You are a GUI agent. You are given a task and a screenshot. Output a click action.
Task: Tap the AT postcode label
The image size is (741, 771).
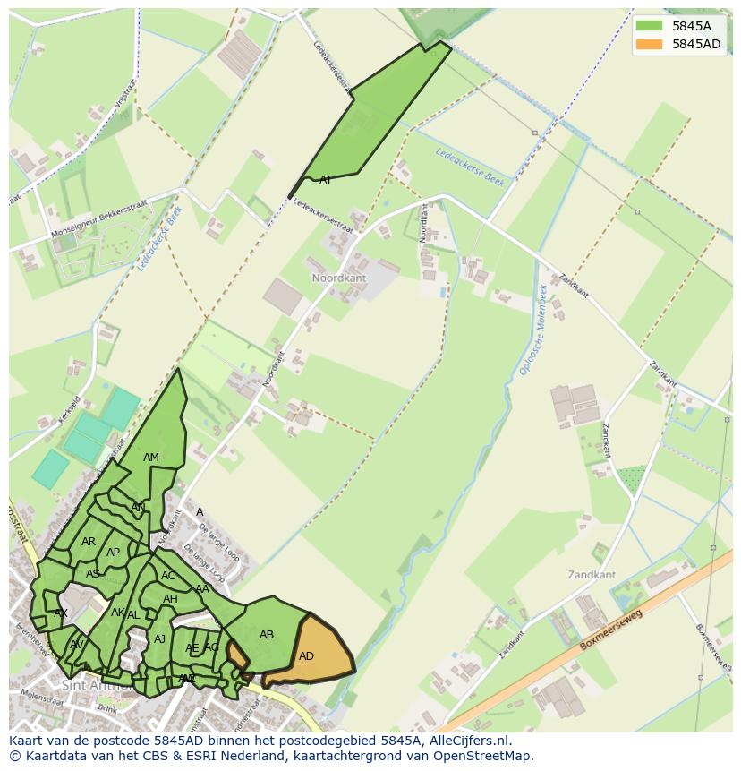click(326, 180)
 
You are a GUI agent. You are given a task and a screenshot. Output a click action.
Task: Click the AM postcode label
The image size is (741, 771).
click(151, 458)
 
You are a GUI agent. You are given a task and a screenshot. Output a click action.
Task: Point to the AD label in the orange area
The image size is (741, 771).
click(306, 656)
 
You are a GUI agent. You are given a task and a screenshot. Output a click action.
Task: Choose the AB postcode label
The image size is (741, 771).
click(267, 635)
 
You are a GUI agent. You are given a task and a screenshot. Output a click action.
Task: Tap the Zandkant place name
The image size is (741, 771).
click(592, 574)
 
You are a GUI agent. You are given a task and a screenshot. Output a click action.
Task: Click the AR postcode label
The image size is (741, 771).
click(89, 542)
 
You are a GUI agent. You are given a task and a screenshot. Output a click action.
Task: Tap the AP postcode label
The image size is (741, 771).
click(113, 553)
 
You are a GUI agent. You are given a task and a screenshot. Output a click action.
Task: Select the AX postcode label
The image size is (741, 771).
click(61, 613)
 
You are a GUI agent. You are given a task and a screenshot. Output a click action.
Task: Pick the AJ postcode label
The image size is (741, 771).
click(160, 639)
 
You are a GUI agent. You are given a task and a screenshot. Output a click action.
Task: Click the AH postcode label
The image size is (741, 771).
click(170, 599)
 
